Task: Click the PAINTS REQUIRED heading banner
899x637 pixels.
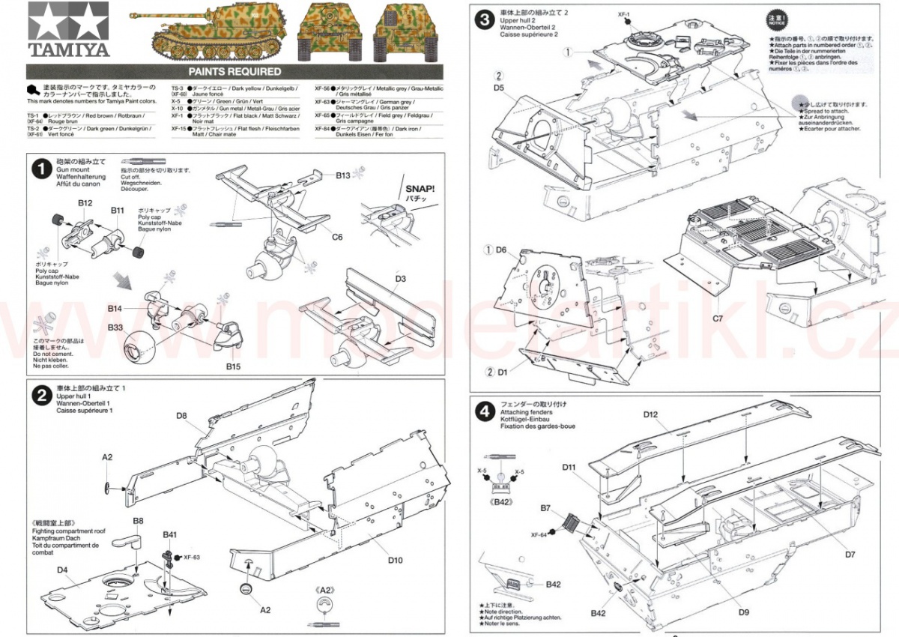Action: [234, 72]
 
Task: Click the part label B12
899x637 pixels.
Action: [85, 203]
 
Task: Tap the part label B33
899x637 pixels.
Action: [115, 327]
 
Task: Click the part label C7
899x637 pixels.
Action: [717, 318]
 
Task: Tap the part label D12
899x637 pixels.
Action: [650, 414]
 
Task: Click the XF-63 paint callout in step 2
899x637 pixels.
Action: [192, 557]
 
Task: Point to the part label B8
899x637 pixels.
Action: [139, 520]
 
